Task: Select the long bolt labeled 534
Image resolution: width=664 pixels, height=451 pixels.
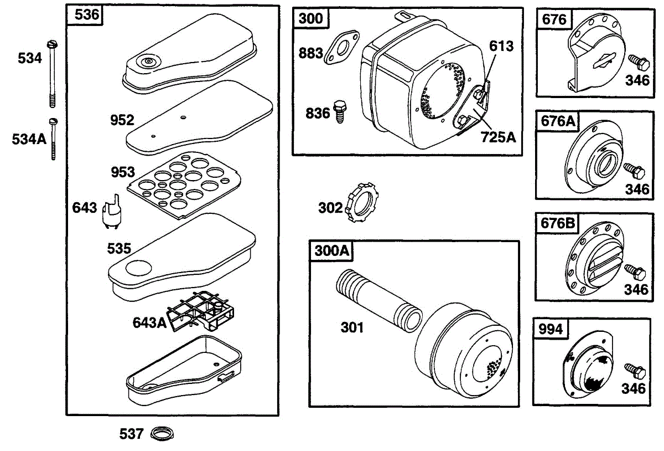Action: click(x=53, y=72)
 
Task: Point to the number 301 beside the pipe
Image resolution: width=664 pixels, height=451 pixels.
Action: click(x=352, y=327)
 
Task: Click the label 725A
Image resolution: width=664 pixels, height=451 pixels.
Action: click(x=499, y=136)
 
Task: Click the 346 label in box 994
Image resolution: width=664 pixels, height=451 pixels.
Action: click(x=634, y=388)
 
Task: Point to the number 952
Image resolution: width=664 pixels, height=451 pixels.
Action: click(x=122, y=120)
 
